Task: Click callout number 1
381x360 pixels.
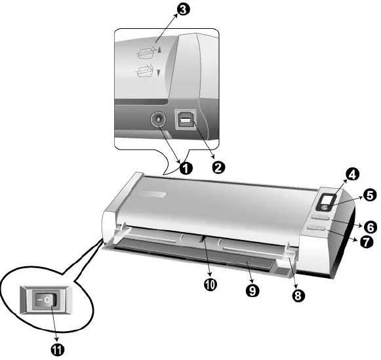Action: pos(186,168)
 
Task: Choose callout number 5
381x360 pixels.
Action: pos(369,195)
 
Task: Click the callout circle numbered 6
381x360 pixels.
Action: pos(371,227)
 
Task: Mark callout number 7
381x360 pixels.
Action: pos(365,241)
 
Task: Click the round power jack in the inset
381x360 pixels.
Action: pos(159,120)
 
